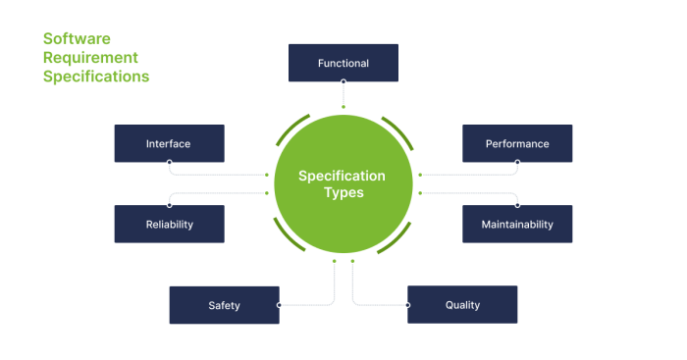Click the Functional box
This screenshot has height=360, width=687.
click(x=343, y=63)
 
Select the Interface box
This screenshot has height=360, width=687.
click(x=169, y=143)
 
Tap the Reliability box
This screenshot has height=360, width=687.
click(x=169, y=224)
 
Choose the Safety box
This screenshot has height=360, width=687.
click(x=224, y=305)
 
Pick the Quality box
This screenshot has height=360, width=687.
click(x=462, y=305)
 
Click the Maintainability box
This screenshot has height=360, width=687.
click(x=517, y=224)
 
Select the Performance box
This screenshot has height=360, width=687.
click(x=517, y=143)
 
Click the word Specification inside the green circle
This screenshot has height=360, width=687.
click(x=343, y=177)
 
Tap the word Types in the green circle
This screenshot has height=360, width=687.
click(x=343, y=193)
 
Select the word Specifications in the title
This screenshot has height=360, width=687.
click(x=96, y=76)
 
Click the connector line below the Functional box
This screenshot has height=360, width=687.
click(x=343, y=93)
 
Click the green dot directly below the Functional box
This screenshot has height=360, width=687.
click(x=343, y=106)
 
